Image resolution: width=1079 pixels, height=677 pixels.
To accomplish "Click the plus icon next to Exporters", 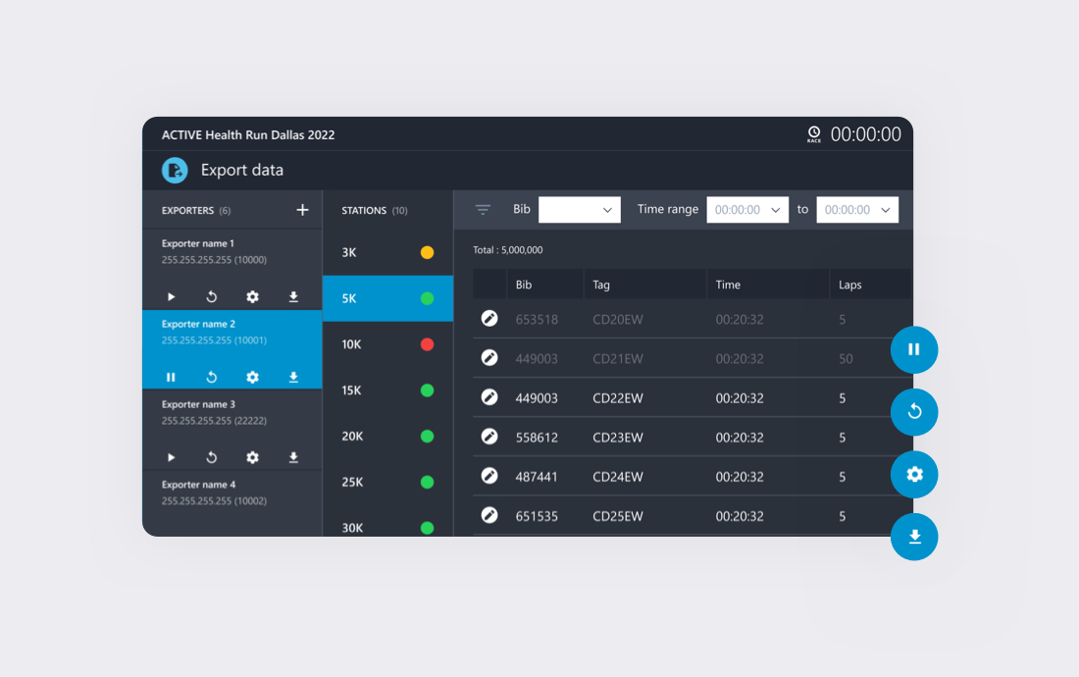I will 302,210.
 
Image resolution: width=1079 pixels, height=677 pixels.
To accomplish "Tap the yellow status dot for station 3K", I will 427,252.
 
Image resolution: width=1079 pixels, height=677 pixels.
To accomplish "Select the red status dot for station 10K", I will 427,344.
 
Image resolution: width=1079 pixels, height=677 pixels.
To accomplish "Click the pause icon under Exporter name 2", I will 171,377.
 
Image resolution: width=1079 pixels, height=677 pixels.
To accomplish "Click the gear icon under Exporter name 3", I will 252,457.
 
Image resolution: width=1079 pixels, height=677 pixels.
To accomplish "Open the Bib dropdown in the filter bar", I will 579,209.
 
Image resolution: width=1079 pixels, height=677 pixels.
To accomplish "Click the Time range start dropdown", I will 747,209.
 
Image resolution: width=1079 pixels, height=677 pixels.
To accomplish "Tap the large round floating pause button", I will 914,349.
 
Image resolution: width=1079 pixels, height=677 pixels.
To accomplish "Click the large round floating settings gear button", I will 914,475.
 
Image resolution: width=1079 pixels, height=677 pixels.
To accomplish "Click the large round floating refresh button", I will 914,412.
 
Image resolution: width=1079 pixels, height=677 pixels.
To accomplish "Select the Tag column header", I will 601,285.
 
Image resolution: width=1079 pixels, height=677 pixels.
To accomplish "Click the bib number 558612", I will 537,438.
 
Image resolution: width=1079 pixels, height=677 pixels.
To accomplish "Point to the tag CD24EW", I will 618,477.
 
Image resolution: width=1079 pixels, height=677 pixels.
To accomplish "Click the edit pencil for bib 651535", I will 489,515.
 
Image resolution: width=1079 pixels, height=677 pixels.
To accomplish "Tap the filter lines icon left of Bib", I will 483,209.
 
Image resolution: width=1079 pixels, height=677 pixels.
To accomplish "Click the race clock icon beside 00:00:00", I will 814,133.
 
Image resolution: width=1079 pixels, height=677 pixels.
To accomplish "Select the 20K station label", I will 352,436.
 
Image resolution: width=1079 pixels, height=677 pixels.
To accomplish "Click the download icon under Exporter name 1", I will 293,296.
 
